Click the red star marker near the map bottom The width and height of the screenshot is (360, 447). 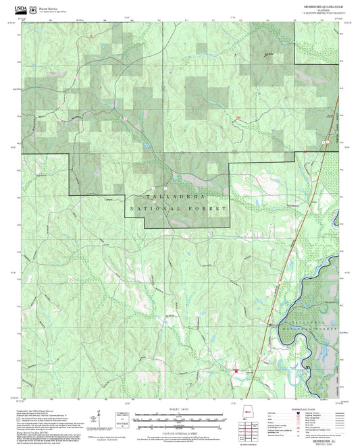[x=236, y=371]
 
